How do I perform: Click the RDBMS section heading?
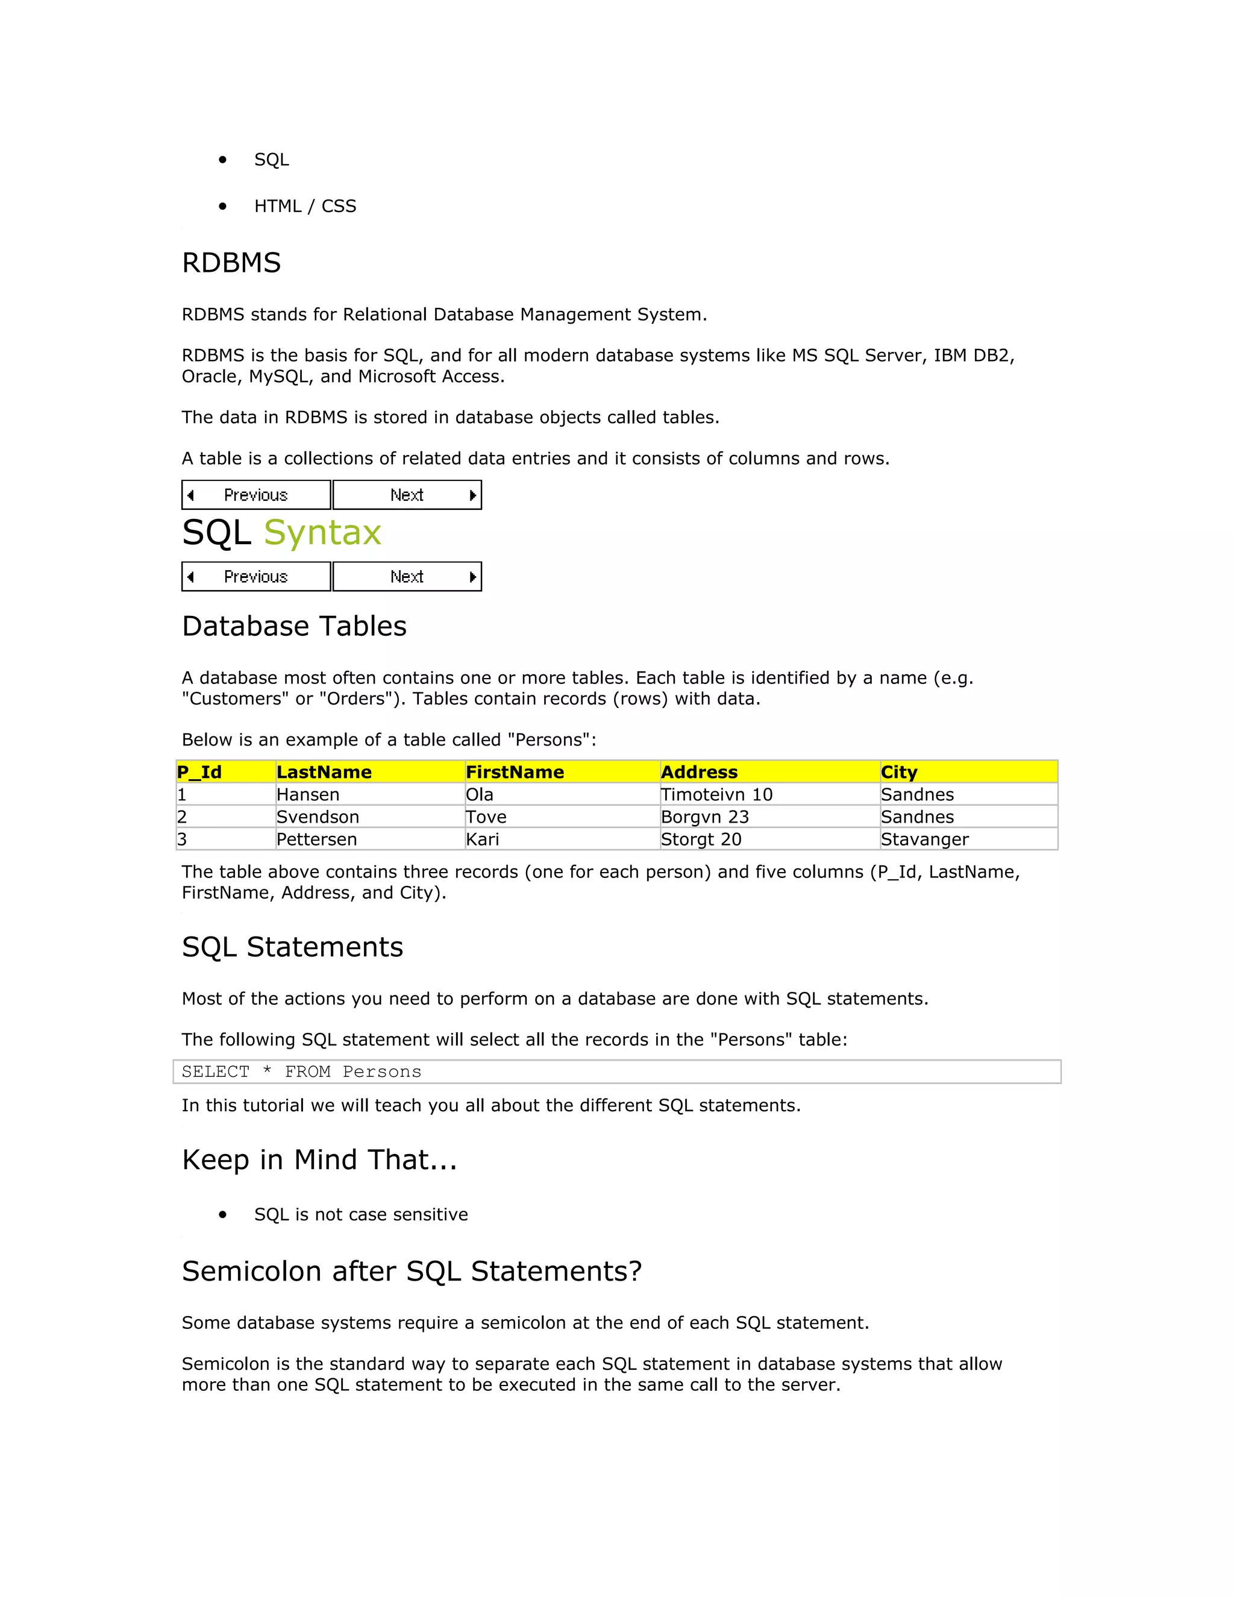[x=231, y=263]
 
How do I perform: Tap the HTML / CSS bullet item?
[x=305, y=206]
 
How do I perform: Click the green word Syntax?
[x=322, y=532]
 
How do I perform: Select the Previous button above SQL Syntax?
[x=256, y=495]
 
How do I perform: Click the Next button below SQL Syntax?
[x=407, y=577]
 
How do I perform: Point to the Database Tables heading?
[x=294, y=627]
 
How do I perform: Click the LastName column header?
[x=324, y=772]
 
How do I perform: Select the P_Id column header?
[x=199, y=772]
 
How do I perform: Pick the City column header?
[x=898, y=772]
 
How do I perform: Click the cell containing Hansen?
[x=308, y=795]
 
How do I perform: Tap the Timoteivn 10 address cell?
[x=716, y=795]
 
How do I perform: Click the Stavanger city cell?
[x=924, y=839]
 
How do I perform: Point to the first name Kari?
[x=483, y=839]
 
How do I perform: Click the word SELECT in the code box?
[x=216, y=1072]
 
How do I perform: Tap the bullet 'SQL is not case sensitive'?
[x=360, y=1214]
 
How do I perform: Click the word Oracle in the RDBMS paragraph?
[x=209, y=377]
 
